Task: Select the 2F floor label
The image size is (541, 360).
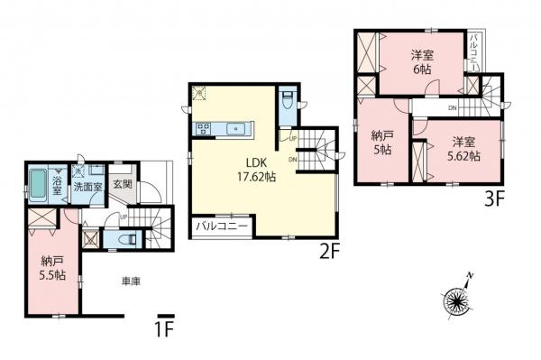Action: click(330, 253)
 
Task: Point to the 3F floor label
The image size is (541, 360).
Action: click(495, 199)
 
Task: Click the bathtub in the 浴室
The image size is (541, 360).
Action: click(38, 185)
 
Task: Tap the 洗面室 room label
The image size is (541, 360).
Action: click(88, 188)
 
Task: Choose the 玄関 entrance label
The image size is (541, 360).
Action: click(123, 184)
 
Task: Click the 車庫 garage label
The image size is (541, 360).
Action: click(131, 282)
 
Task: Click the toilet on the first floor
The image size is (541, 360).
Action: click(124, 238)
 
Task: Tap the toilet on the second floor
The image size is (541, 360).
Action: click(287, 99)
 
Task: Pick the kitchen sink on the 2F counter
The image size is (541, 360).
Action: click(236, 129)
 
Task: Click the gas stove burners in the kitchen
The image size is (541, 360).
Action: click(204, 129)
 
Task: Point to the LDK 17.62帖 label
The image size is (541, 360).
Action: click(256, 169)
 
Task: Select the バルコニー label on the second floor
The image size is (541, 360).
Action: click(222, 226)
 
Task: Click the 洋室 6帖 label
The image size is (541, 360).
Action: click(422, 62)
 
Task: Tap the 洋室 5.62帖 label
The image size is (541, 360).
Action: click(463, 149)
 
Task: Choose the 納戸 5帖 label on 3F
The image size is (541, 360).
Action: click(382, 143)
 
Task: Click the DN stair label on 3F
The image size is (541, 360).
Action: click(453, 108)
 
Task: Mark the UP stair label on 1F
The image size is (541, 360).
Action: click(124, 217)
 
